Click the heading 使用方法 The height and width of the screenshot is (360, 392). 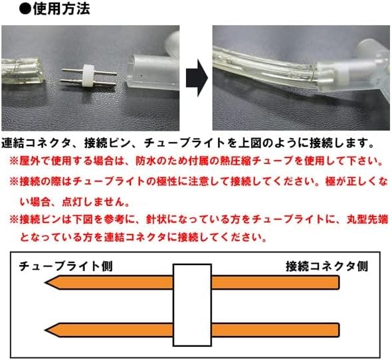click(x=61, y=9)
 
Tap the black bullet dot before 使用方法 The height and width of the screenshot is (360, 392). click(x=25, y=10)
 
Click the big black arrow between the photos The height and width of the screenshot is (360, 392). click(x=197, y=78)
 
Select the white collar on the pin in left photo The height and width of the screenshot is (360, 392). click(x=88, y=76)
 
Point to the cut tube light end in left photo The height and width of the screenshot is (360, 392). click(x=22, y=71)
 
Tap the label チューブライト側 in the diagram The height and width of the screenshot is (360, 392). click(x=66, y=266)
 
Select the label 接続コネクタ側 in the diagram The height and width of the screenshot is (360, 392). click(x=327, y=266)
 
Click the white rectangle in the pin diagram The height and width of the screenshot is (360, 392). click(x=192, y=305)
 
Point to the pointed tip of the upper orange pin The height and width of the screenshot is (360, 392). click(x=45, y=282)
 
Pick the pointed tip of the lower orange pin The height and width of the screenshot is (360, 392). click(x=45, y=330)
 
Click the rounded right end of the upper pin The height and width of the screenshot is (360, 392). click(x=339, y=282)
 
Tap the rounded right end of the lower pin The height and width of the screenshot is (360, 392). click(x=339, y=330)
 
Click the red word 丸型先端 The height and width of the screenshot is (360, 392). click(x=367, y=219)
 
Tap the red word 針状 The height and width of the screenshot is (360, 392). click(x=157, y=219)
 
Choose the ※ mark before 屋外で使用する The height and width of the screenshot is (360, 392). click(x=14, y=161)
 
